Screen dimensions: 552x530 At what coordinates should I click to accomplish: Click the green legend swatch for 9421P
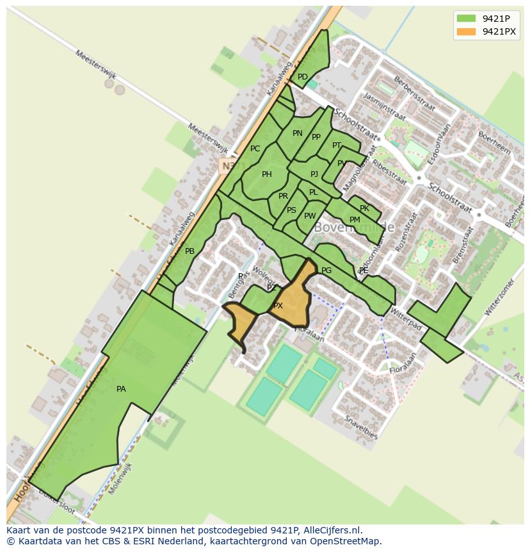pyautogui.click(x=466, y=19)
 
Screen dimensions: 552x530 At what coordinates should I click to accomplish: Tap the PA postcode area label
pyautogui.click(x=121, y=389)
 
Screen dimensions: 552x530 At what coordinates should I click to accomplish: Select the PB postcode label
pyautogui.click(x=189, y=251)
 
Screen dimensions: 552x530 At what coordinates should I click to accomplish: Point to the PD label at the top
pyautogui.click(x=303, y=77)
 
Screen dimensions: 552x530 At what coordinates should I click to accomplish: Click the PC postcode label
pyautogui.click(x=255, y=149)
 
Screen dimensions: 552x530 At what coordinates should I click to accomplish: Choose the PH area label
pyautogui.click(x=267, y=174)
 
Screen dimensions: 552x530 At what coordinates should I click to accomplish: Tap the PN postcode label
pyautogui.click(x=297, y=133)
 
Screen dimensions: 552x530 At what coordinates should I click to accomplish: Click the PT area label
pyautogui.click(x=337, y=146)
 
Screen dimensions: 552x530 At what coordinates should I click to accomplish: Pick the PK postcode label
pyautogui.click(x=364, y=208)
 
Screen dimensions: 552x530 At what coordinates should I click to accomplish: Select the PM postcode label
pyautogui.click(x=355, y=220)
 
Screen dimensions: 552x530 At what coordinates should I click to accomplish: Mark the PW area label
pyautogui.click(x=310, y=216)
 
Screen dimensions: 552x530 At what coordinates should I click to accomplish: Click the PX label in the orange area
pyautogui.click(x=278, y=306)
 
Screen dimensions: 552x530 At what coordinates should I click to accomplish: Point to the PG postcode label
pyautogui.click(x=326, y=271)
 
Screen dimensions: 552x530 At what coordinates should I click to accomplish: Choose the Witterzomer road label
pyautogui.click(x=499, y=299)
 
